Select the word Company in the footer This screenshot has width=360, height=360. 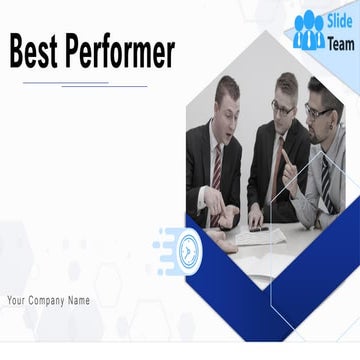tap(49, 300)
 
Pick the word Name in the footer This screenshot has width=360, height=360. tap(79, 300)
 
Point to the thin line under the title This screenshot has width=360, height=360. tap(85, 84)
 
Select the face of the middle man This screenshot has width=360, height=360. tap(284, 100)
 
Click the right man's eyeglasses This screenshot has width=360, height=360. tap(319, 110)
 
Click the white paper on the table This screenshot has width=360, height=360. tap(259, 237)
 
